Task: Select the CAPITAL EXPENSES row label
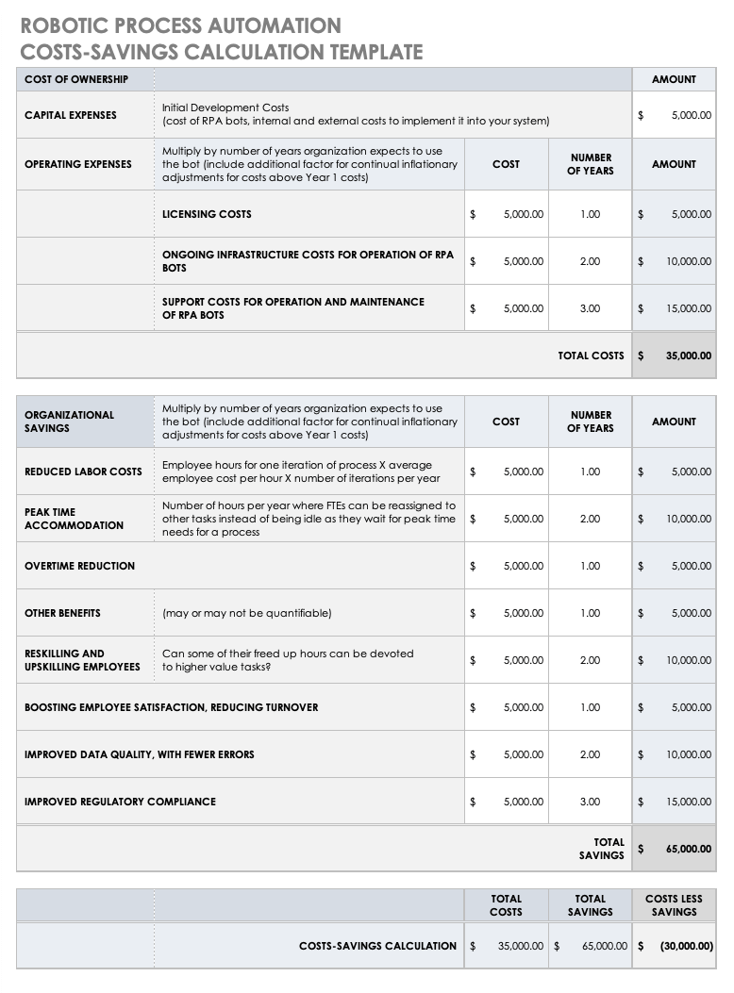tap(71, 115)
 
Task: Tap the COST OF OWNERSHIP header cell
tap(76, 79)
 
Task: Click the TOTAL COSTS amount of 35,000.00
tap(688, 356)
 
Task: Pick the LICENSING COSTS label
tap(207, 214)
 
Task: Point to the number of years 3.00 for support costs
tap(590, 308)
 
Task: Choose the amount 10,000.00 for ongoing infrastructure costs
tap(689, 261)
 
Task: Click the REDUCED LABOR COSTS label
tap(83, 472)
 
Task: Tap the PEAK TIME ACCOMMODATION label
tap(74, 519)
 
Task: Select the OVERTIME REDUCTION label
tap(79, 566)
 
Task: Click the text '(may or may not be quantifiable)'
tap(246, 613)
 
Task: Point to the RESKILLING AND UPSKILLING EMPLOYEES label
tap(82, 660)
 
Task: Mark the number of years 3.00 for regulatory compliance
tap(590, 802)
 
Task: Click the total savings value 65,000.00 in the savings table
tap(688, 849)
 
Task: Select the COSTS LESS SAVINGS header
tap(674, 905)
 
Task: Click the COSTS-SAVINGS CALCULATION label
tap(377, 946)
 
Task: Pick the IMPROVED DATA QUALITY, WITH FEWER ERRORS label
tap(139, 754)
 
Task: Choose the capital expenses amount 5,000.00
tap(691, 115)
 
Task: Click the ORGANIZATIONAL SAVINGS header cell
tap(69, 422)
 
